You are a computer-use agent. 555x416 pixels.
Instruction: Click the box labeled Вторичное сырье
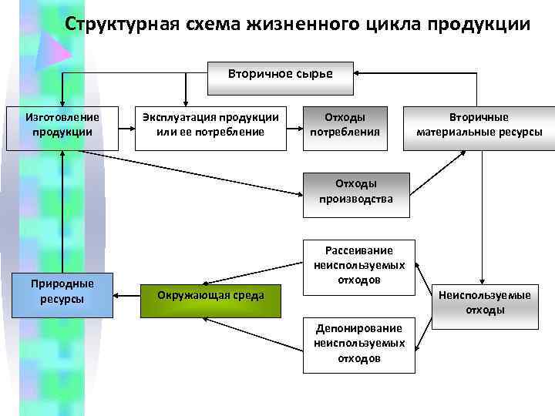point(280,74)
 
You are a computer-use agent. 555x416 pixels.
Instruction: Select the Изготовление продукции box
point(62,125)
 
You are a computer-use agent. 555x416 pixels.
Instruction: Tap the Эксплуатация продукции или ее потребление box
point(210,125)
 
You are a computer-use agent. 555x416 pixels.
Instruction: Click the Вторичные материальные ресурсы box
point(479,125)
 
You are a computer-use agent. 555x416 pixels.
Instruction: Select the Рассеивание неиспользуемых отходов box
point(358,265)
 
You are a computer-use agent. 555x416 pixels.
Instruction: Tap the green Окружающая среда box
point(210,295)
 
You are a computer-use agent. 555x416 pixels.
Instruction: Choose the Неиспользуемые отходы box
point(485,302)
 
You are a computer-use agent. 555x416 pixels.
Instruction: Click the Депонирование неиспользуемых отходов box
point(358,343)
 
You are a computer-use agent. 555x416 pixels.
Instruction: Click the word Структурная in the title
point(123,24)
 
